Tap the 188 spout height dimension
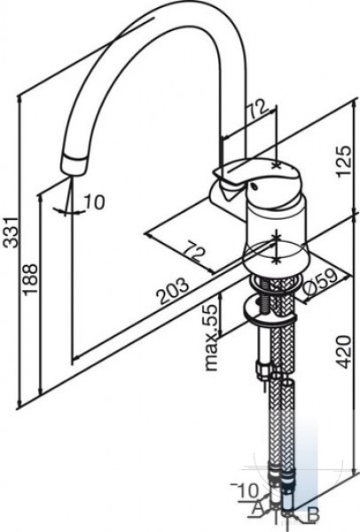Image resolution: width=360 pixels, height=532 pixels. pyautogui.click(x=30, y=279)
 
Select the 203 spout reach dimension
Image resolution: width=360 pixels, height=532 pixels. pyautogui.click(x=174, y=291)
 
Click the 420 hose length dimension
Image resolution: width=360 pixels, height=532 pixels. pyautogui.click(x=343, y=351)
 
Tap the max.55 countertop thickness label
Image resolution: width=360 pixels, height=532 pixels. pyautogui.click(x=211, y=337)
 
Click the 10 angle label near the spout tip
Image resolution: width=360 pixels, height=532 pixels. pyautogui.click(x=94, y=202)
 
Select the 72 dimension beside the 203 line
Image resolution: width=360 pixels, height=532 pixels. pyautogui.click(x=195, y=251)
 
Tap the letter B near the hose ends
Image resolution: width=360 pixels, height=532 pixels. pyautogui.click(x=313, y=514)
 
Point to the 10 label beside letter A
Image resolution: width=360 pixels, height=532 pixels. pyautogui.click(x=249, y=490)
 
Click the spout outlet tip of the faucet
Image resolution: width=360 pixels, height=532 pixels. pyautogui.click(x=73, y=166)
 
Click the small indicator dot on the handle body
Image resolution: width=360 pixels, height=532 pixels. pyautogui.click(x=253, y=186)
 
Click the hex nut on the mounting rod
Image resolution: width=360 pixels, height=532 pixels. pyautogui.click(x=263, y=371)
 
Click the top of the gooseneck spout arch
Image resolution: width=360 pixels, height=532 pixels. pyautogui.click(x=190, y=9)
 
